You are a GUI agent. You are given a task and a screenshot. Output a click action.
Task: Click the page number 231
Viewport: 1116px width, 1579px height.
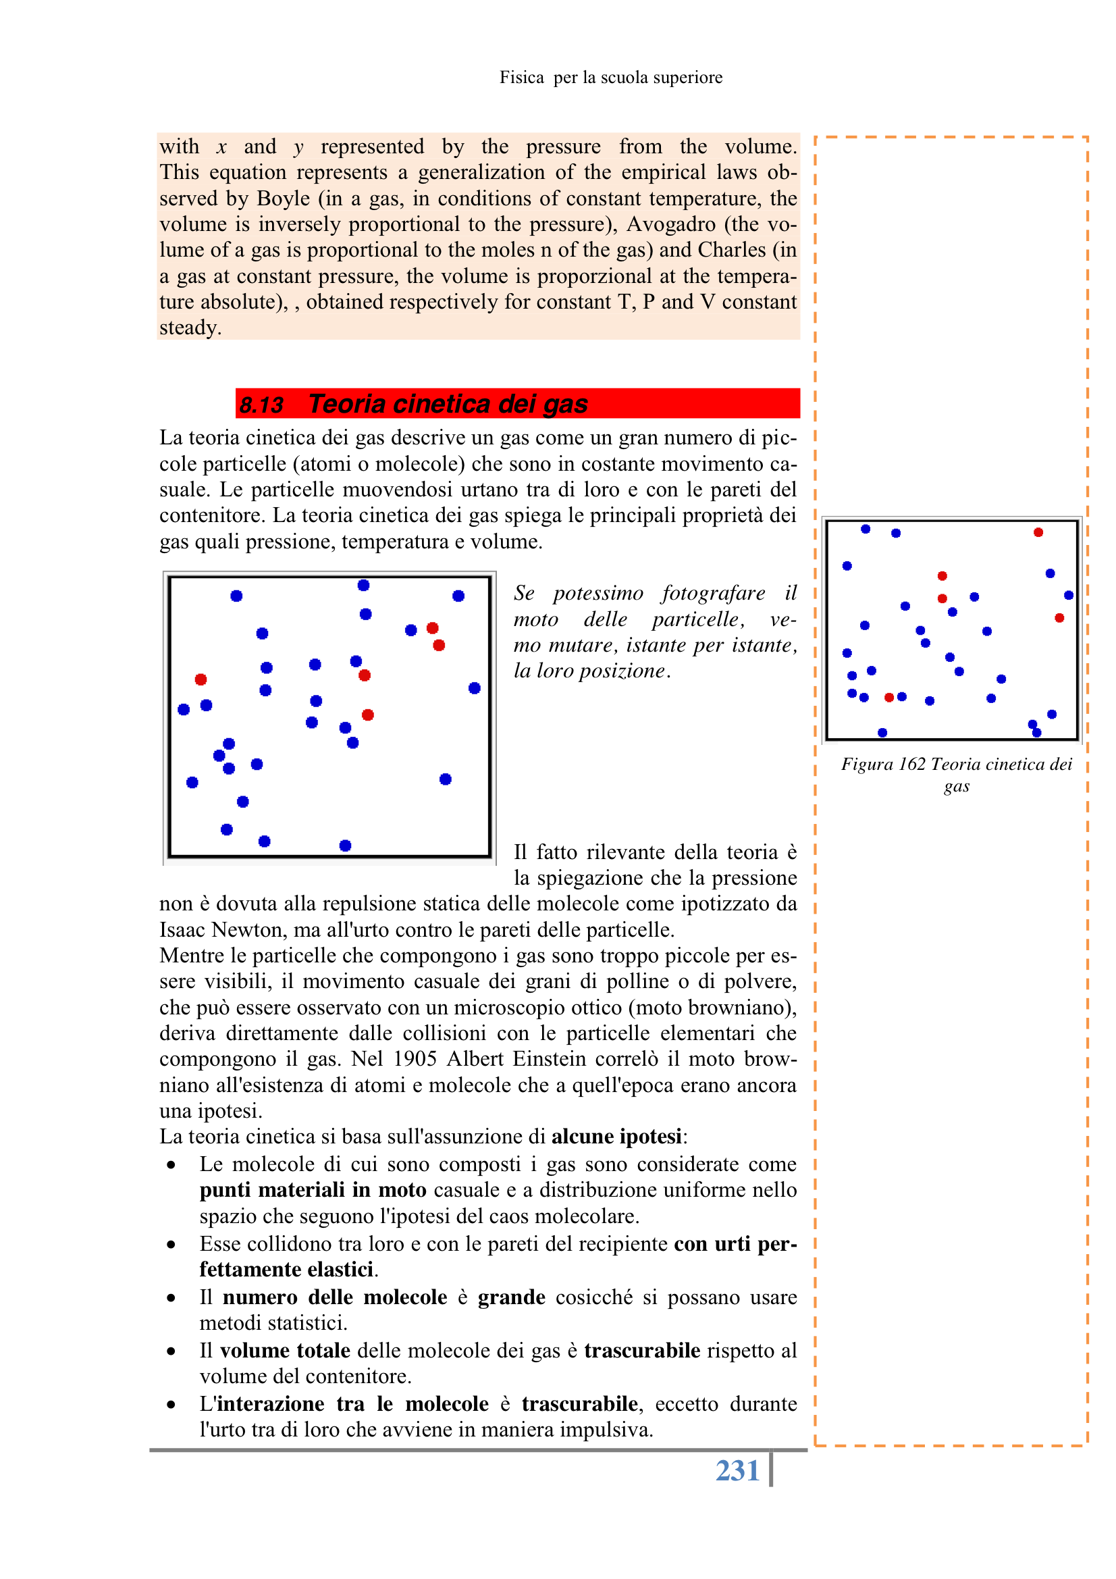[x=737, y=1470]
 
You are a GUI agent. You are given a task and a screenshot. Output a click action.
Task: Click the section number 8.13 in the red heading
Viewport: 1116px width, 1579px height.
[x=261, y=405]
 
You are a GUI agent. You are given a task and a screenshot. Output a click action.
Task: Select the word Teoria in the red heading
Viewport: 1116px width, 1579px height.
[x=346, y=404]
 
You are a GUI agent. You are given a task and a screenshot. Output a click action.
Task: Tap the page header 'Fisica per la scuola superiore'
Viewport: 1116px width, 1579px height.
[x=610, y=78]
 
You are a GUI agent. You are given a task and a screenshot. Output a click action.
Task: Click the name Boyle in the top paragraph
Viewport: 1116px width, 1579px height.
[x=284, y=199]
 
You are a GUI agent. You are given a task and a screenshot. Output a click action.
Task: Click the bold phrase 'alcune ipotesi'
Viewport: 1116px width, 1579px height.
[x=616, y=1136]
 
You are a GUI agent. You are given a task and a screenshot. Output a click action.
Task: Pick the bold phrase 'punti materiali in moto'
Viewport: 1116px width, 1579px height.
[x=313, y=1190]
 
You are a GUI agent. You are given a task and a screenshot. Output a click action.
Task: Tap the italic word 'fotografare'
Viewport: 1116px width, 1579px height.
[x=713, y=593]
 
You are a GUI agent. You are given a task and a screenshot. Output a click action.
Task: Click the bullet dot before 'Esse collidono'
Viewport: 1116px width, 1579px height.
[x=171, y=1244]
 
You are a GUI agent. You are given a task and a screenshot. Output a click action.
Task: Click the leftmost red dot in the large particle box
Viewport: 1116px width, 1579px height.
[x=201, y=679]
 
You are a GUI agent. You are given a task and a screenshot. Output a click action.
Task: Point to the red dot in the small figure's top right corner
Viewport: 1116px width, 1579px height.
[x=1038, y=532]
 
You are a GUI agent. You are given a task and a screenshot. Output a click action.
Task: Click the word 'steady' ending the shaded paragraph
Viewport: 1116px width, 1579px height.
[x=188, y=328]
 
